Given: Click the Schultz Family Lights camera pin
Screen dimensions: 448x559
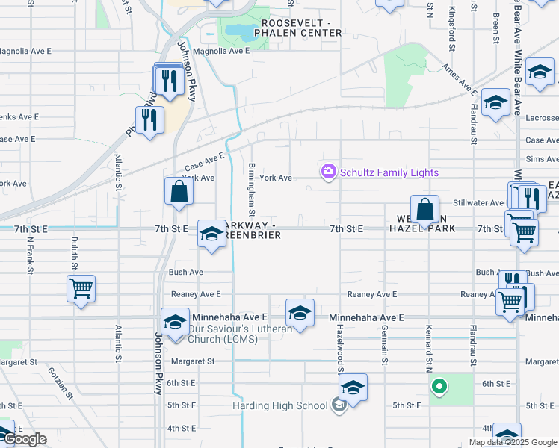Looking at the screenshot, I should [x=329, y=172].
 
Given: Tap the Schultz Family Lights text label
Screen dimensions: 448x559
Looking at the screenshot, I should [x=389, y=172].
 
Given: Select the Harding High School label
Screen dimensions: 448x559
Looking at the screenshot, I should [x=279, y=405].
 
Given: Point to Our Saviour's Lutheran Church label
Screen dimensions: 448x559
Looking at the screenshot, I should [x=223, y=334].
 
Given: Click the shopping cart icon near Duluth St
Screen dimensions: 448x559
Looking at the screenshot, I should [x=81, y=287].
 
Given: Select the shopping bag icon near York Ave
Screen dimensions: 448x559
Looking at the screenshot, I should [x=179, y=191].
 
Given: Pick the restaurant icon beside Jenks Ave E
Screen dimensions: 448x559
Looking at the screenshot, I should [x=149, y=119].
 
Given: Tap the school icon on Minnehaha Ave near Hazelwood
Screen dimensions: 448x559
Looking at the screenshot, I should [x=300, y=311].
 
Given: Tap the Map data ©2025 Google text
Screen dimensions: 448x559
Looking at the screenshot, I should [x=512, y=441].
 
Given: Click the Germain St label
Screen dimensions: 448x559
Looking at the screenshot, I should [x=385, y=349].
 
